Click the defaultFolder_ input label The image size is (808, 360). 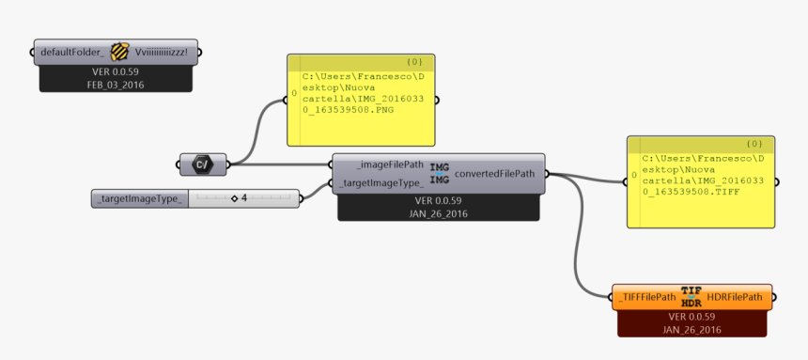(x=72, y=52)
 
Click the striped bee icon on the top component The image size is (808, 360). (x=119, y=52)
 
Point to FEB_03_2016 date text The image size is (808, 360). (x=118, y=84)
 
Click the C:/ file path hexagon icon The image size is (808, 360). (x=202, y=165)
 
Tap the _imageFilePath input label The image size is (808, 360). (x=382, y=165)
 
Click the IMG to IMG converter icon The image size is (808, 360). (x=439, y=174)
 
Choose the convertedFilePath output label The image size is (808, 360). (x=495, y=174)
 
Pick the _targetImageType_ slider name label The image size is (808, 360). (x=138, y=198)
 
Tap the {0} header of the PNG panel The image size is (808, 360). (x=413, y=61)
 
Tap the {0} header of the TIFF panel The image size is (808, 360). (x=754, y=144)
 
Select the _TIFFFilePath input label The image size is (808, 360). (x=646, y=297)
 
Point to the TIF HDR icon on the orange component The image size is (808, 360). (x=691, y=297)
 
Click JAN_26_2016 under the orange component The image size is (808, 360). (x=691, y=329)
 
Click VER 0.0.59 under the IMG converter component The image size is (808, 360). (x=439, y=200)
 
